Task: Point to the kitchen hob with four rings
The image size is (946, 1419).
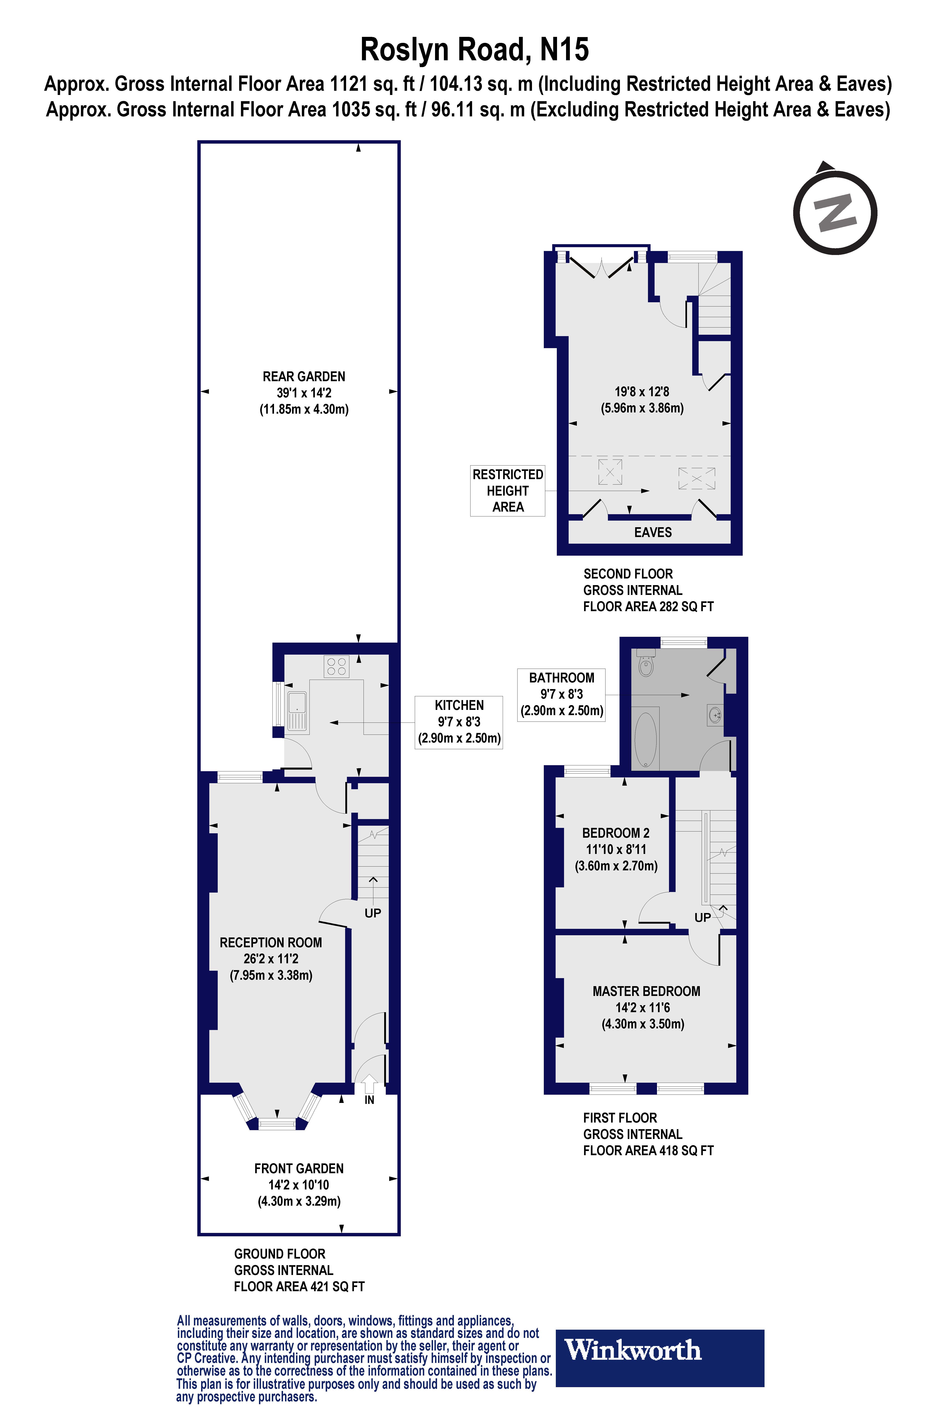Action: click(x=336, y=666)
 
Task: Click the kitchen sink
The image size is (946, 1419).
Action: click(x=297, y=712)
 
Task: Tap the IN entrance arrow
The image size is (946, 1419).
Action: click(x=369, y=1086)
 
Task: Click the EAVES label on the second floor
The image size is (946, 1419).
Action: click(x=653, y=532)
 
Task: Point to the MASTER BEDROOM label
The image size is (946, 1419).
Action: click(x=646, y=991)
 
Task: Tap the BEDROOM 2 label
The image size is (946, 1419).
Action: click(x=615, y=833)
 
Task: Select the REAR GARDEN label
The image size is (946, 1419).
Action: click(x=303, y=376)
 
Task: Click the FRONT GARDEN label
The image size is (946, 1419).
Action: click(x=299, y=1169)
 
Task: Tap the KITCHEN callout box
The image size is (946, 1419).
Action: click(x=458, y=722)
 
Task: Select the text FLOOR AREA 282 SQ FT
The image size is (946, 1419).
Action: click(x=648, y=606)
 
